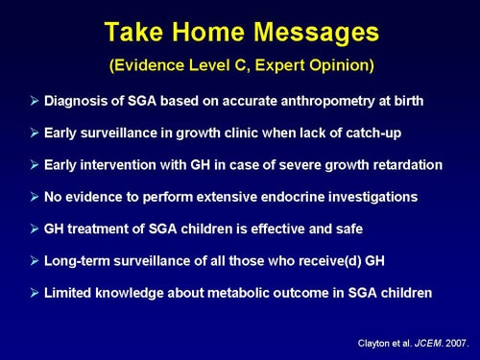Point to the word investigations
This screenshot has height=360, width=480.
point(369,198)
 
